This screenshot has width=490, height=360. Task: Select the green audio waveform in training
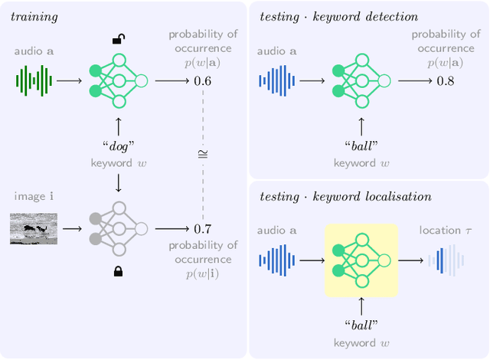[x=34, y=80]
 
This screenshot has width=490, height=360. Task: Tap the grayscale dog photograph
[x=34, y=227]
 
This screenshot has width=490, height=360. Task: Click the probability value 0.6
[x=202, y=80]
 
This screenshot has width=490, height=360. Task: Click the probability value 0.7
[x=202, y=227]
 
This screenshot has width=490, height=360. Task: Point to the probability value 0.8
[x=445, y=80]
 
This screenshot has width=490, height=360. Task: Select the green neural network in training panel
[x=118, y=80]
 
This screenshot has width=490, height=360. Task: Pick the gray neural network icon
[x=118, y=227]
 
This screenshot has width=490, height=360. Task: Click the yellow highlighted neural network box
[x=361, y=260]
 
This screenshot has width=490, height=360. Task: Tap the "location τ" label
[x=444, y=230]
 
